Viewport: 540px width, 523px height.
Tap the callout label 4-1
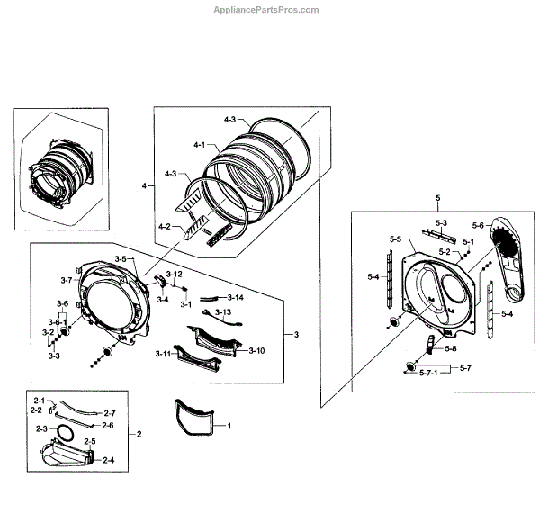[199, 145]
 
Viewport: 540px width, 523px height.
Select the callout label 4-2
[164, 227]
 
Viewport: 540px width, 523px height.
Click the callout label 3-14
[235, 297]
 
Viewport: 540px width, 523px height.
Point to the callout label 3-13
[223, 311]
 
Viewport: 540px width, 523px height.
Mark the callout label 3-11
[162, 355]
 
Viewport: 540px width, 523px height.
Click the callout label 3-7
[67, 281]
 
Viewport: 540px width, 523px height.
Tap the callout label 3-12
[175, 274]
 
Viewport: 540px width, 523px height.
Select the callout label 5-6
[478, 225]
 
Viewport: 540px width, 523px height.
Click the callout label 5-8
[450, 348]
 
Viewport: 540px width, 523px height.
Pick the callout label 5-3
[441, 222]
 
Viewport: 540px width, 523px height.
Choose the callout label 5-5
[395, 239]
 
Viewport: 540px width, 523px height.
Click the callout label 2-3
[40, 428]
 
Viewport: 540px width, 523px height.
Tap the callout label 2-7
[110, 413]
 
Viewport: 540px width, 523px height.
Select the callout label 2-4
[108, 460]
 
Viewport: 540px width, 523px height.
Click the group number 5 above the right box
[437, 196]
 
